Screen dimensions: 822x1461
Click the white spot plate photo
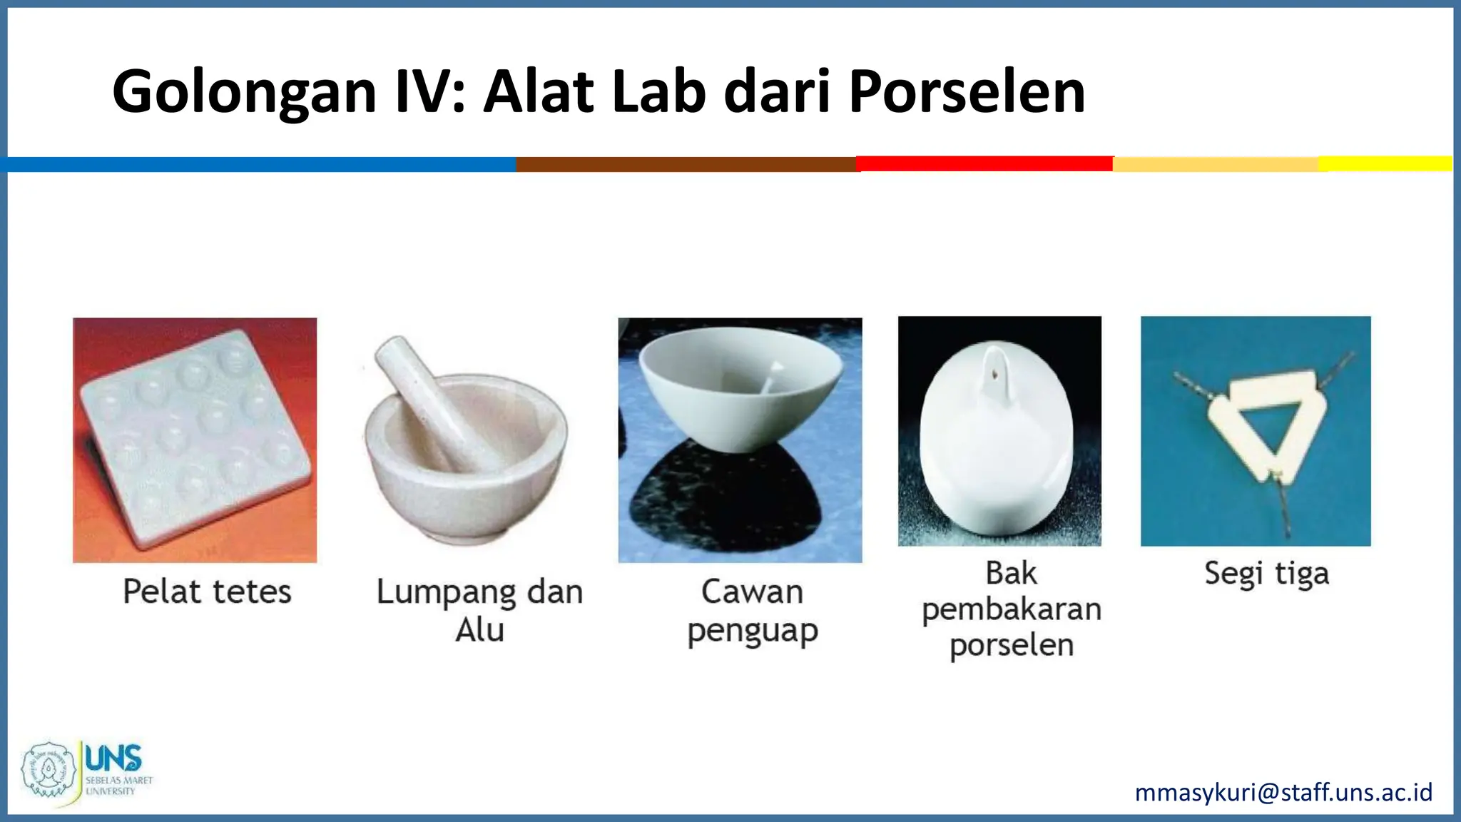[x=195, y=440]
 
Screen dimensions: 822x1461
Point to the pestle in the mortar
[x=428, y=400]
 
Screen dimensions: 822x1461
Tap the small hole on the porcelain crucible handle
[x=992, y=372]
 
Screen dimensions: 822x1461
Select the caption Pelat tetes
[x=207, y=592]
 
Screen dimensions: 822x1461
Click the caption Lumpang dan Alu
[x=479, y=611]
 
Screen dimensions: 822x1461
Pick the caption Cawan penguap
[x=752, y=611]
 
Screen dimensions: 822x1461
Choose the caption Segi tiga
[x=1266, y=574]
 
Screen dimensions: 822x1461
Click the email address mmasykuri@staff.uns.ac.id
[x=1283, y=792]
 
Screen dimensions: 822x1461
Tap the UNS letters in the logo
[x=113, y=758]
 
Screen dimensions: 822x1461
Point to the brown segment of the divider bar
[x=686, y=164]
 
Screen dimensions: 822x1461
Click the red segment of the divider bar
[x=984, y=163]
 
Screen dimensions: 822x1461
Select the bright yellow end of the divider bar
[x=1385, y=163]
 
